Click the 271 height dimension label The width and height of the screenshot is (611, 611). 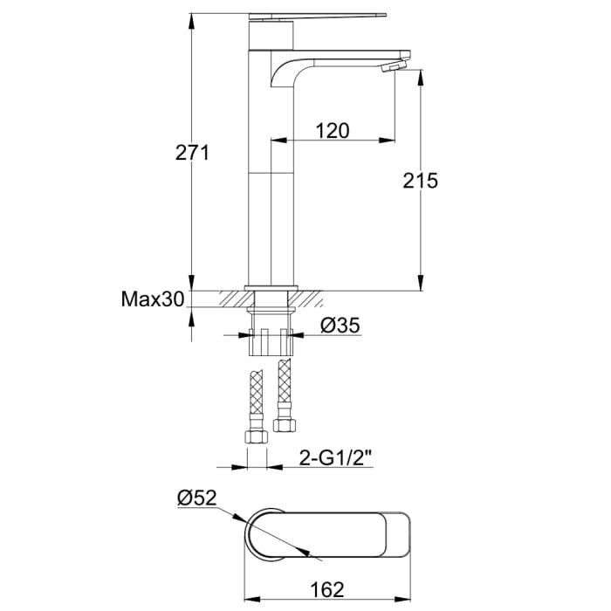coord(192,153)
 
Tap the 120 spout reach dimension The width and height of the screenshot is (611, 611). coord(333,131)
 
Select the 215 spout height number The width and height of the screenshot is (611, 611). coord(420,181)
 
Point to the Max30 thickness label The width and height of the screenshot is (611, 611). coord(153,299)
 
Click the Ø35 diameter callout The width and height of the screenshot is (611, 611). coord(340,326)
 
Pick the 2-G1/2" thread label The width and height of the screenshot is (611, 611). coord(336,458)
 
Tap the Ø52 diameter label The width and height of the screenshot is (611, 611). coord(196,498)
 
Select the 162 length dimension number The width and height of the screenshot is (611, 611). coord(327,589)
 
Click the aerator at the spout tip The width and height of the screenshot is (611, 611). coord(394,65)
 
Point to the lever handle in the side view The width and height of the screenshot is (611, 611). coord(318,16)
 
